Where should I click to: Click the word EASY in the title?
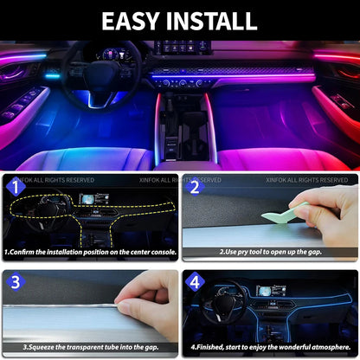134,21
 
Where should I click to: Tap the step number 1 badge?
12,186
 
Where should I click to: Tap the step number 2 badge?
193,186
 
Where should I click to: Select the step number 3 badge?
12,281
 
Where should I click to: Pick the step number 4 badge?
193,281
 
